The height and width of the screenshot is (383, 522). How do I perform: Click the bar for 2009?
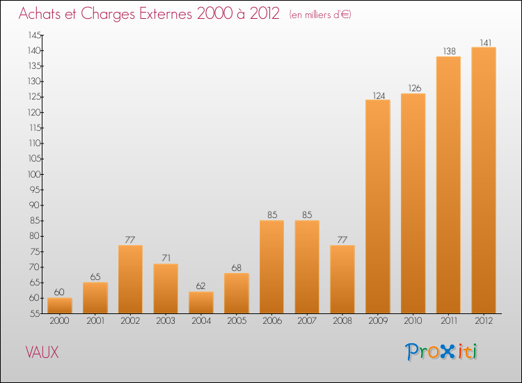pos(377,207)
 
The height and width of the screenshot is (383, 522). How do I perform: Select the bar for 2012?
pos(484,180)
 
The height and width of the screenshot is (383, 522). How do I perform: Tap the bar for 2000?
pos(59,306)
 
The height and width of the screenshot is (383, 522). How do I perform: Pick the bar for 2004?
pos(200,302)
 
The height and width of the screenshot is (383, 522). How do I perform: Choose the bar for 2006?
pos(271,267)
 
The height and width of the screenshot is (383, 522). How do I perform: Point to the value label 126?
pos(413,88)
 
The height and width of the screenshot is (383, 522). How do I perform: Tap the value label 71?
pos(166,258)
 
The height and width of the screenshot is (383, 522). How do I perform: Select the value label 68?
pos(236,267)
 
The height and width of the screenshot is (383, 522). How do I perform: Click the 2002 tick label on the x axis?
pos(130,321)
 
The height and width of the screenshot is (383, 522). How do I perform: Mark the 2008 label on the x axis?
pos(342,321)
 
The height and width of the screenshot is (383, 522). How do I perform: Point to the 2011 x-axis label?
pos(448,321)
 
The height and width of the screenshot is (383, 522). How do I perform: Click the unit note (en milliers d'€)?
pos(320,15)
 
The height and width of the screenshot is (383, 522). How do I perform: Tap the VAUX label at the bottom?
pos(42,352)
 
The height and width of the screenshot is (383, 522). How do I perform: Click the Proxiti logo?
pos(442,352)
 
